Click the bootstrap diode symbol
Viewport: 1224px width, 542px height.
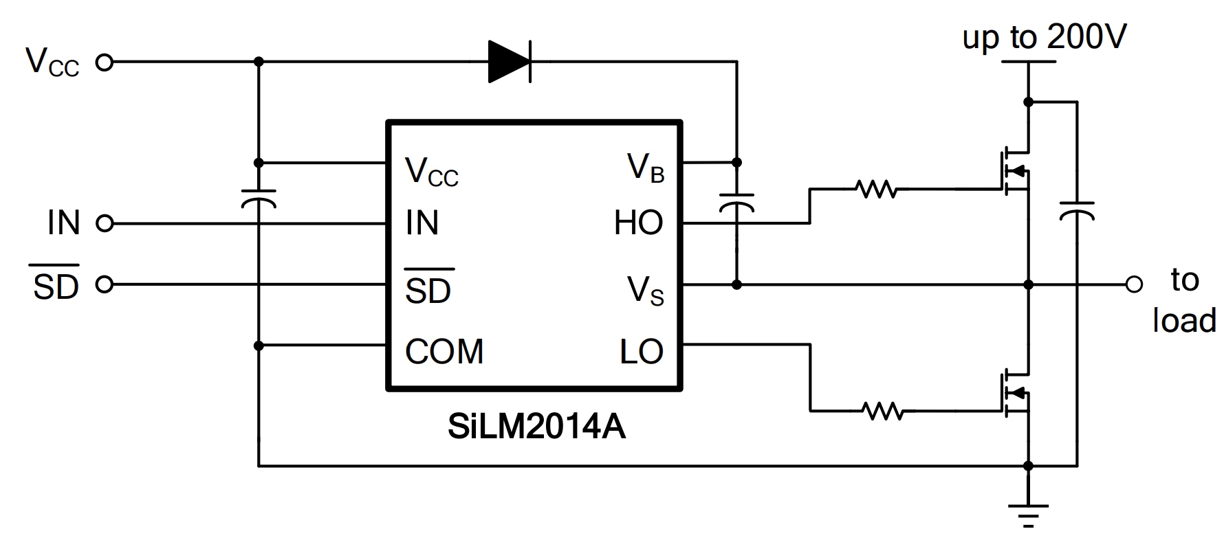point(510,62)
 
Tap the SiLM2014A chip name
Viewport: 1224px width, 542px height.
point(536,427)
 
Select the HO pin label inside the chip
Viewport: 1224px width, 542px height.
point(638,223)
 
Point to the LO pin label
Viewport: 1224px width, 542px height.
point(641,352)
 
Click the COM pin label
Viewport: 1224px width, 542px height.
point(444,352)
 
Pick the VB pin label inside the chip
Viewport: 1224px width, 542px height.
point(645,168)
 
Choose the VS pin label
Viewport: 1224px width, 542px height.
point(645,291)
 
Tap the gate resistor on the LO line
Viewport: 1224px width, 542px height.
point(882,411)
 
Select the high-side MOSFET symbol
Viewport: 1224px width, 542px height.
point(1015,170)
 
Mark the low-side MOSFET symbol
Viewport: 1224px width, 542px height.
point(1015,393)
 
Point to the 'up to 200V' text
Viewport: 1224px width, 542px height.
point(1044,37)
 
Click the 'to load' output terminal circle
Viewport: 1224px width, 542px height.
point(1134,284)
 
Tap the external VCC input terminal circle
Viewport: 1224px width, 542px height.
point(104,63)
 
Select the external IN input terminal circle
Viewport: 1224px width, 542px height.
point(104,223)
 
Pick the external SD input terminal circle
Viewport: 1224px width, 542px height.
point(104,284)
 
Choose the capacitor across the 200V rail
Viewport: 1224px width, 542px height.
point(1077,210)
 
